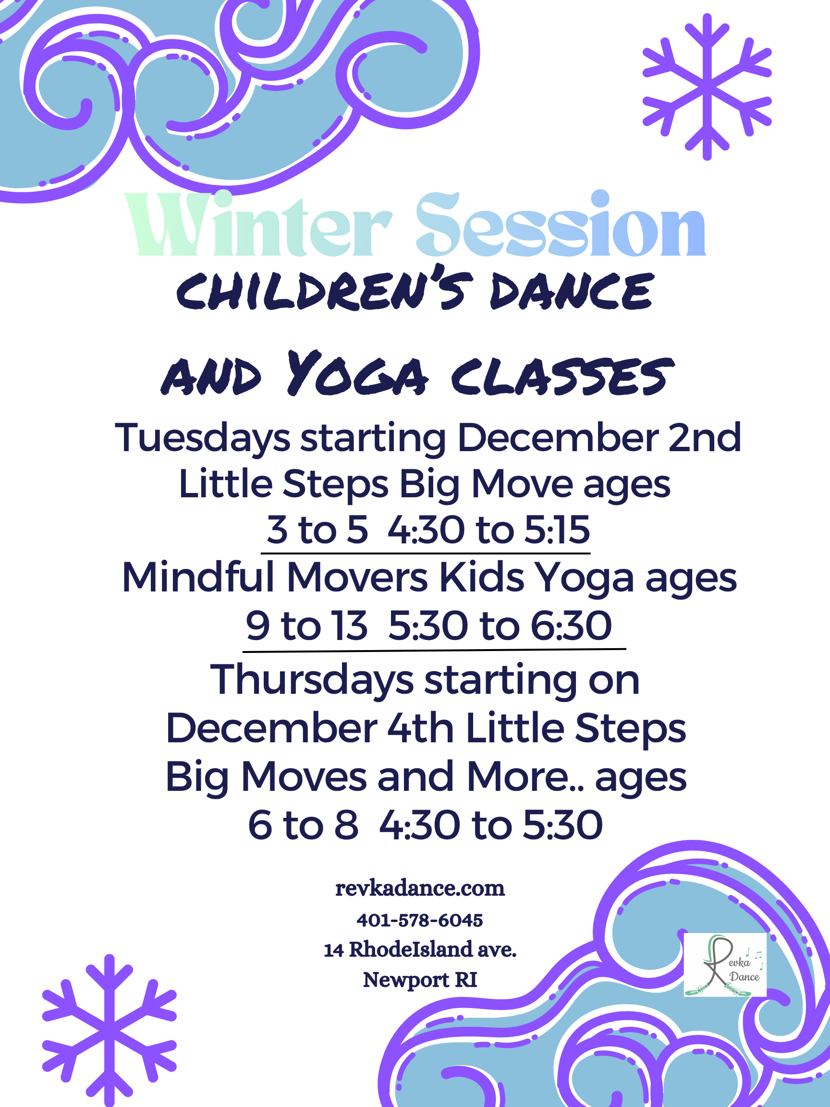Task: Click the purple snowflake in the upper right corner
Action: tap(707, 87)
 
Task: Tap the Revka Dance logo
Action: tap(725, 964)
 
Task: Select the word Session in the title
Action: tap(561, 224)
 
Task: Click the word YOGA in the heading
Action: tap(357, 373)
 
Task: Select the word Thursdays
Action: tap(312, 680)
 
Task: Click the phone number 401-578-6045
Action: tap(420, 920)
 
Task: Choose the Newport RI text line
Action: tap(420, 979)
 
